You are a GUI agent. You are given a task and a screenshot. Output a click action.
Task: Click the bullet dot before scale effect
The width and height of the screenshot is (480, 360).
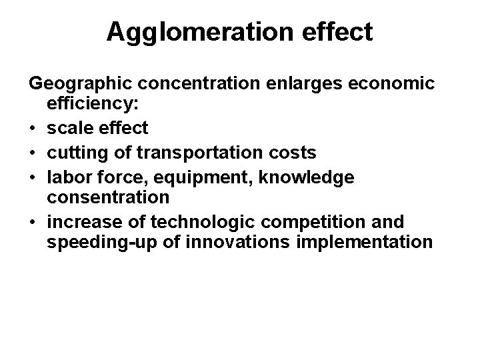[33, 127]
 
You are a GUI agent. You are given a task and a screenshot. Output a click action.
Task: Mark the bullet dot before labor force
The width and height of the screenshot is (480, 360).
[33, 177]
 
